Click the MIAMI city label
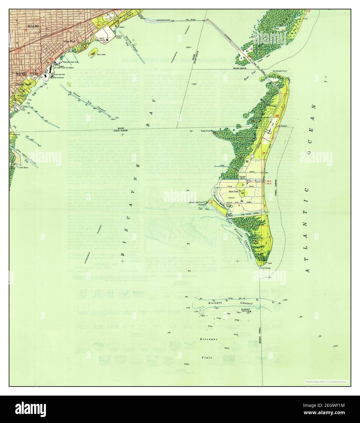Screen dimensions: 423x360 coord(33,26)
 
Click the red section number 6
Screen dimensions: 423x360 coord(211,202)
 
